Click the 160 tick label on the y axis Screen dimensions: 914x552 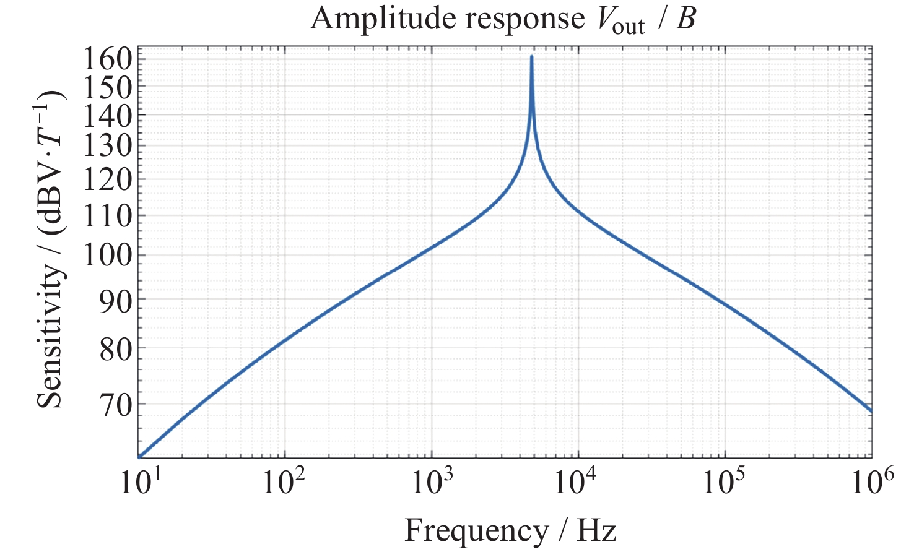point(108,59)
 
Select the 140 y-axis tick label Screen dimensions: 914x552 point(108,117)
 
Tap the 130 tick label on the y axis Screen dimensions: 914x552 point(108,146)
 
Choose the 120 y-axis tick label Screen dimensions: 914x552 point(108,180)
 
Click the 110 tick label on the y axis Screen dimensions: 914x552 point(108,216)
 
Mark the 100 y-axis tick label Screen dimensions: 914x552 point(108,256)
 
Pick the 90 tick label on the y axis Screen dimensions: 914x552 point(116,302)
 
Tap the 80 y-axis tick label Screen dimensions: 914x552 point(116,351)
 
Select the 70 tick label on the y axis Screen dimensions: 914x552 point(116,407)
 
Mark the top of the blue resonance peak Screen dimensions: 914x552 point(532,57)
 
